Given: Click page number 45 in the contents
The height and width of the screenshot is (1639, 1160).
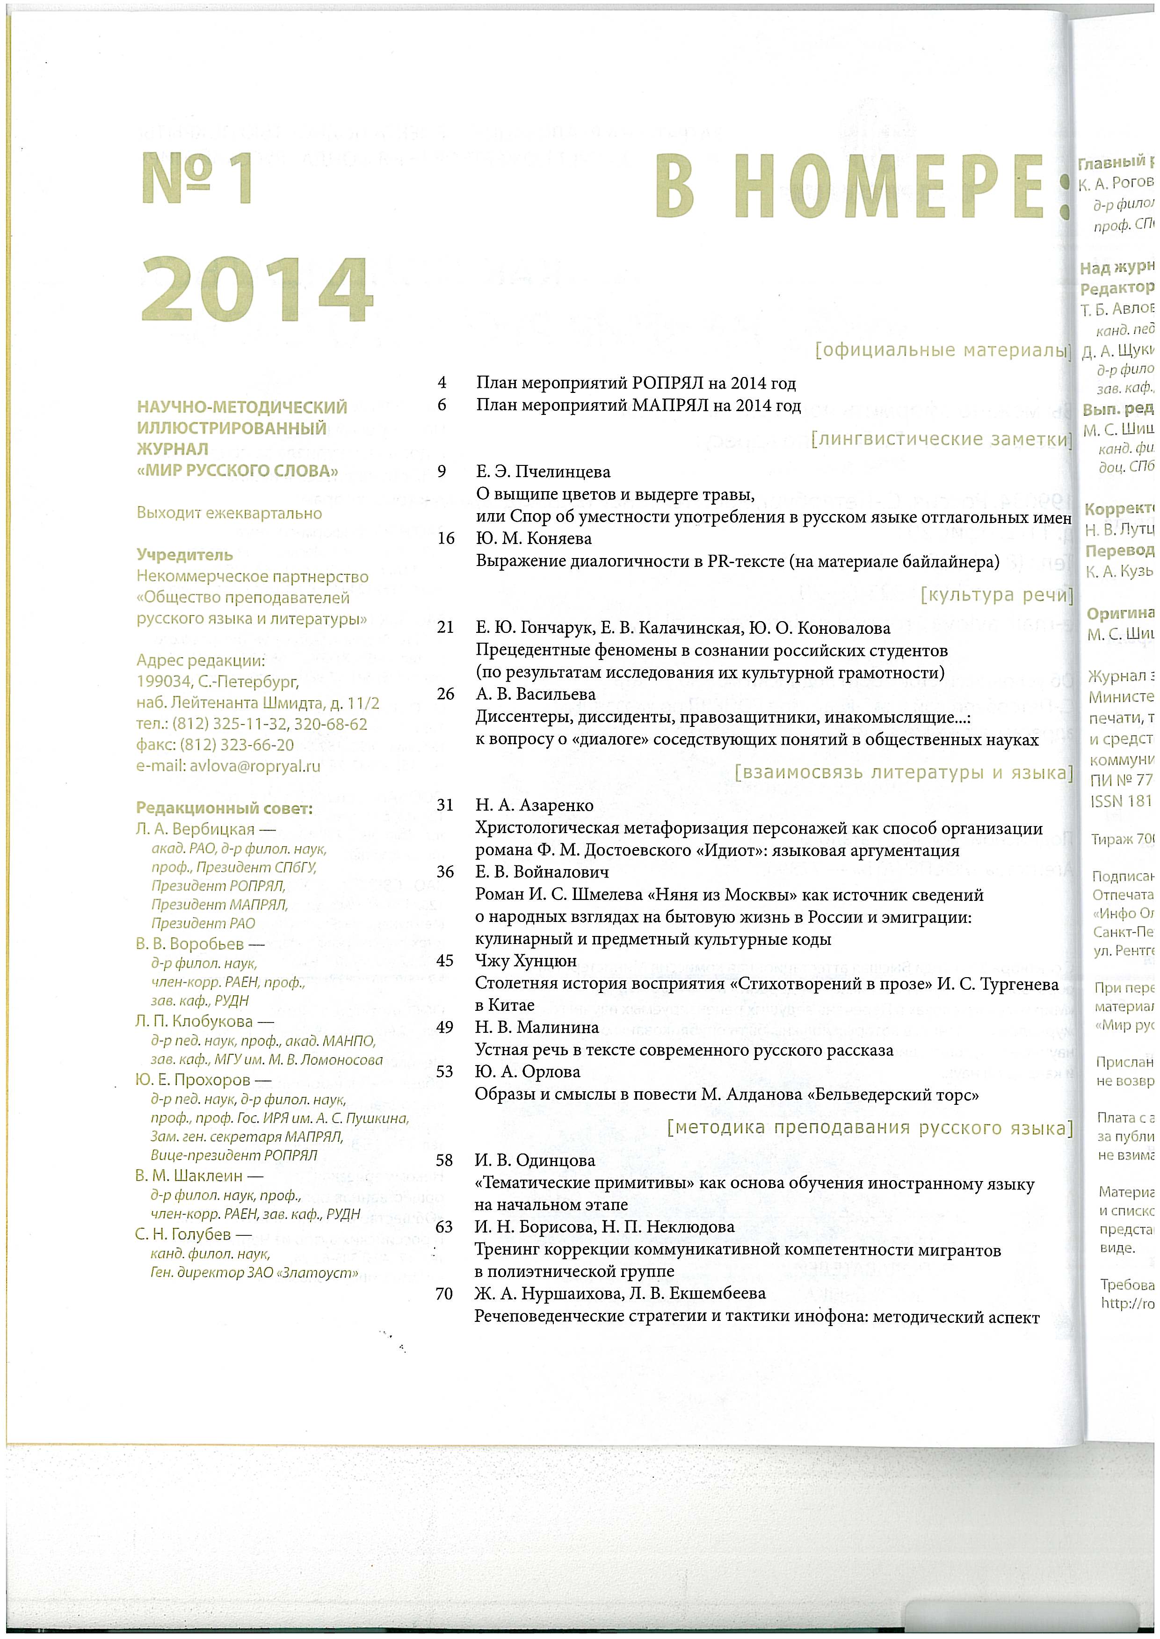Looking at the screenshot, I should (444, 961).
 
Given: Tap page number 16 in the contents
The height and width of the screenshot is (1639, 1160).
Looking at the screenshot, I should (446, 538).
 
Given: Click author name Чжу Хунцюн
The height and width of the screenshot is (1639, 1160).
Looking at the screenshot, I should (526, 961).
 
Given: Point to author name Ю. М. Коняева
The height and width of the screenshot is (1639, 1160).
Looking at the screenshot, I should (534, 538).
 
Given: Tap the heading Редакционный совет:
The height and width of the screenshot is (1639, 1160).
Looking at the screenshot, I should (225, 808).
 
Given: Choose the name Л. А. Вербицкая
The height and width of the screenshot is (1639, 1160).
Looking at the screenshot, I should (195, 829).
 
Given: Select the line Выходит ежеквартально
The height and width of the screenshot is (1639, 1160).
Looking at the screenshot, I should (229, 513).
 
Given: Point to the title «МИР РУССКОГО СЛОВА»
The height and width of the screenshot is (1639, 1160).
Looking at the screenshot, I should (237, 471).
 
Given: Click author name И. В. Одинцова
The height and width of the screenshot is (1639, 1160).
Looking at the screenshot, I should (535, 1160).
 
